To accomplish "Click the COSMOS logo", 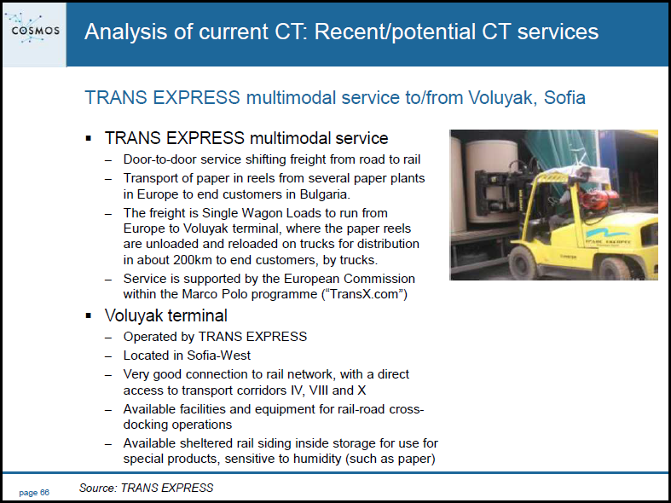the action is tap(34, 30).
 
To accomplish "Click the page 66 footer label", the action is tap(34, 493).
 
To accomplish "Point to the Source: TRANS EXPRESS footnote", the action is tap(146, 488).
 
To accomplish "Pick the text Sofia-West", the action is tap(218, 356).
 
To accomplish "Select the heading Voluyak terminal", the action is tap(165, 315).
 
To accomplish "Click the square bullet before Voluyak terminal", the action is tap(89, 316).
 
